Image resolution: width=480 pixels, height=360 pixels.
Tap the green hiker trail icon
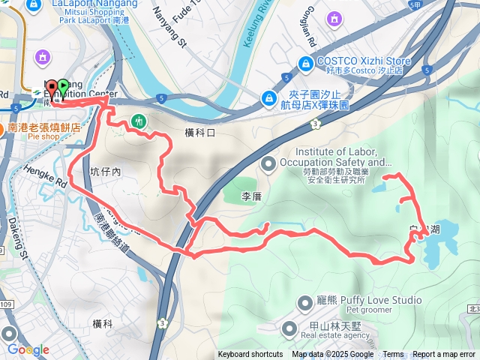coord(138,120)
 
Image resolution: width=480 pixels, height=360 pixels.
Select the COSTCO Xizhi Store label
coord(363,61)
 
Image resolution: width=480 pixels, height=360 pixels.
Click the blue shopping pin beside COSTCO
coord(305,64)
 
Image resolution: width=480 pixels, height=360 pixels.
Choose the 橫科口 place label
coord(199,133)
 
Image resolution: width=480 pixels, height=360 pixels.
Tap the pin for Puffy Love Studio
coord(304,303)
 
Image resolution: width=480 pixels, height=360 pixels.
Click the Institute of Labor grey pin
coord(268,163)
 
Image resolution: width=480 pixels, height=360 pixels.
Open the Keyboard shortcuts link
coord(250,355)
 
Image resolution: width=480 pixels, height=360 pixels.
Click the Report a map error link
coord(444,355)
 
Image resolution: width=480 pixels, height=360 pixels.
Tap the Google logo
coord(28,349)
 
